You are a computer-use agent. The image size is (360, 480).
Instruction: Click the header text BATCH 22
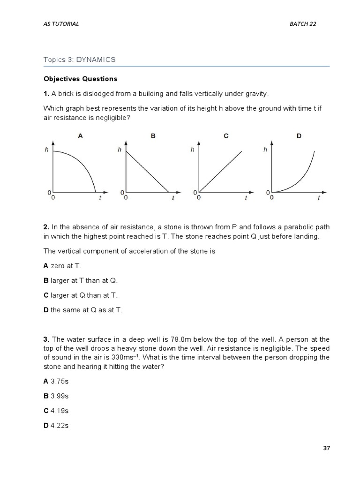click(x=303, y=24)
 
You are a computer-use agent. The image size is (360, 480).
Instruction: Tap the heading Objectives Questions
click(x=80, y=79)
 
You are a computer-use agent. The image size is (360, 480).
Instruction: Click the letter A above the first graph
click(x=80, y=136)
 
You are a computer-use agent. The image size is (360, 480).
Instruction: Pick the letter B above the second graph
click(x=153, y=136)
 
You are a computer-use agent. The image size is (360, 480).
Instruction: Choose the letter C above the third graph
click(x=226, y=136)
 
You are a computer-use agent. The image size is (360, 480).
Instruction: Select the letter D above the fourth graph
click(x=299, y=136)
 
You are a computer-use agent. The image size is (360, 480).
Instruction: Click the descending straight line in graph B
click(x=148, y=171)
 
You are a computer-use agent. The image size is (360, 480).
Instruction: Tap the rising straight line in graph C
click(x=221, y=171)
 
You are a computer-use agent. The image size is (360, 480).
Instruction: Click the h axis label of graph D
click(x=265, y=150)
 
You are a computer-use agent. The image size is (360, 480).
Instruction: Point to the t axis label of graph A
click(x=100, y=198)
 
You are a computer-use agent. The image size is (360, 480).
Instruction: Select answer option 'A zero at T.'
click(x=62, y=266)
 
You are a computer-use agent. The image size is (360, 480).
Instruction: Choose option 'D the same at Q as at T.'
click(x=83, y=310)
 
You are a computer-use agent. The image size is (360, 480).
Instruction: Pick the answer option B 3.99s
click(x=56, y=396)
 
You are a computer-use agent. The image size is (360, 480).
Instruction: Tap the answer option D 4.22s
click(x=56, y=426)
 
